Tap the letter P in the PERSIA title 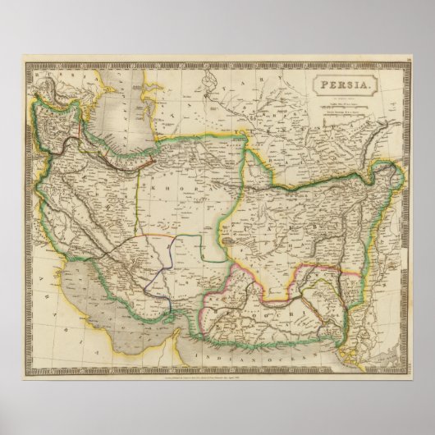pyautogui.click(x=325, y=85)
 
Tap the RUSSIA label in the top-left pyautogui.click(x=62, y=76)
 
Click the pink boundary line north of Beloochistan pyautogui.click(x=246, y=275)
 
